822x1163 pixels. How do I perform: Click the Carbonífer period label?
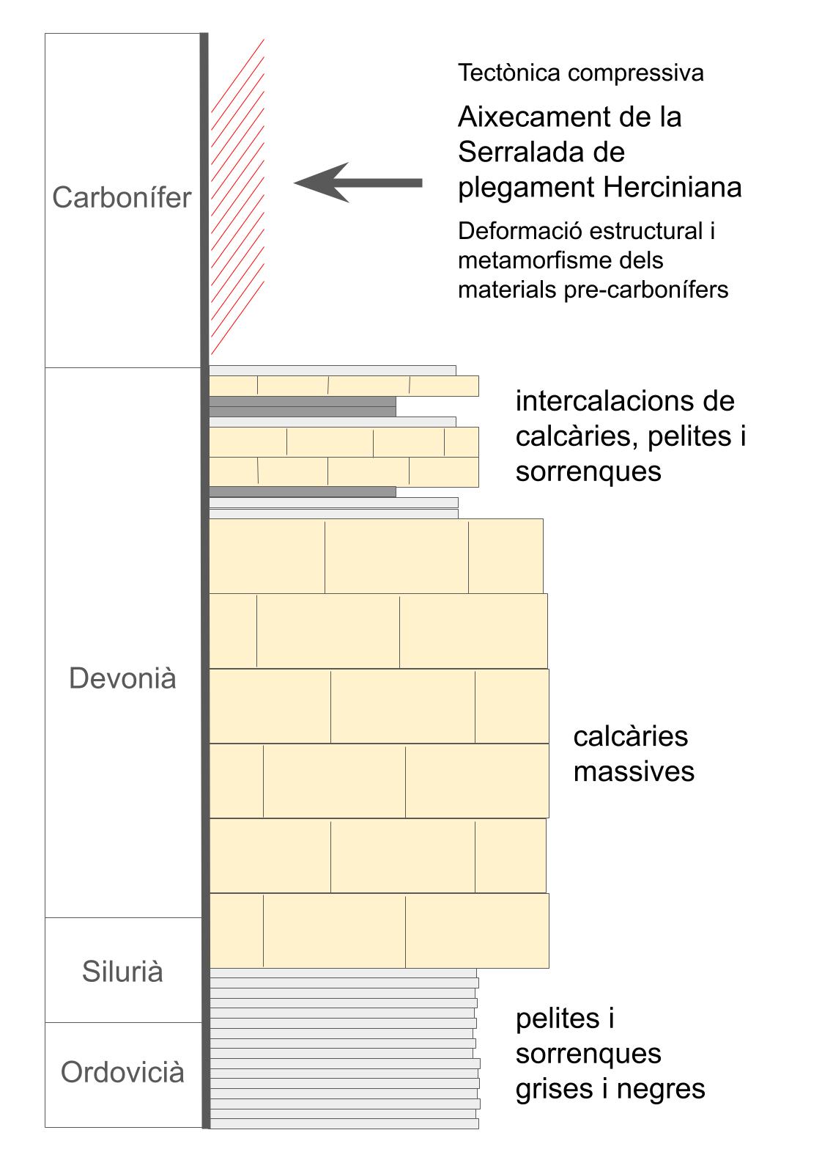coord(122,198)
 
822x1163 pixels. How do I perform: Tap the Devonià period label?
coord(122,678)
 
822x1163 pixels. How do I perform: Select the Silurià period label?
coord(122,972)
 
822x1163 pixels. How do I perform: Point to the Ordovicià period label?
coord(122,1073)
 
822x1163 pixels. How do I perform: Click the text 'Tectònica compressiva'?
coord(580,73)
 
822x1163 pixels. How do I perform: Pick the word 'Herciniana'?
coord(672,188)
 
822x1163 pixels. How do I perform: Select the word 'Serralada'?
coord(522,152)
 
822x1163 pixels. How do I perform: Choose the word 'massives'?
coord(634,771)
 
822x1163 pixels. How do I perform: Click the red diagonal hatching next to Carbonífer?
coord(237,198)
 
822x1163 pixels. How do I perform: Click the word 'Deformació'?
coord(519,231)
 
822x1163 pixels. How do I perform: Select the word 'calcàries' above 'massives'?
coord(631,736)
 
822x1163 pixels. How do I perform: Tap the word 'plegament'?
coord(525,188)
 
